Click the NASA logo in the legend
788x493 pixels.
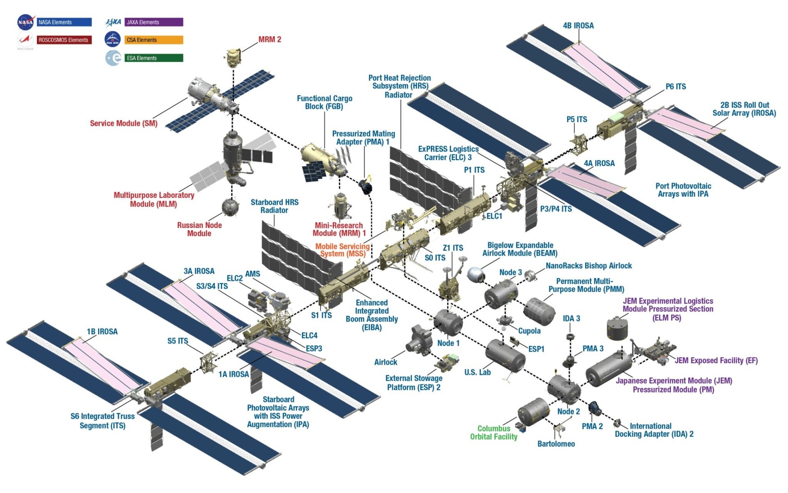point(25,22)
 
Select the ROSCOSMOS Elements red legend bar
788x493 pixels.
point(64,40)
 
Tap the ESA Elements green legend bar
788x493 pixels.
point(153,58)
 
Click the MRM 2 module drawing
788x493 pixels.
point(233,58)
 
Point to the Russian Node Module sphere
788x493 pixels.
point(230,207)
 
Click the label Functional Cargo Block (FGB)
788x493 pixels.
point(324,102)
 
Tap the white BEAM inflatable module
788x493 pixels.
point(476,274)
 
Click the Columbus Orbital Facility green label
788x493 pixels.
point(494,433)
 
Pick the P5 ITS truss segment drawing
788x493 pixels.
point(579,143)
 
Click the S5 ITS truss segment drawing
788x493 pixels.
point(208,362)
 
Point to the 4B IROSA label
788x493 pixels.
point(578,25)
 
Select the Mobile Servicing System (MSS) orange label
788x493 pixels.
point(342,250)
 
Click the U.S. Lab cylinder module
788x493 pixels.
point(505,356)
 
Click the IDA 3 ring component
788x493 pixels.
point(570,337)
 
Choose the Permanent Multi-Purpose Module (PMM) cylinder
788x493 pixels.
point(539,311)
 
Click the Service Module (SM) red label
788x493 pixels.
point(124,123)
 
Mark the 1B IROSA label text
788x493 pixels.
point(102,332)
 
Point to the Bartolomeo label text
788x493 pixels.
point(556,444)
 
